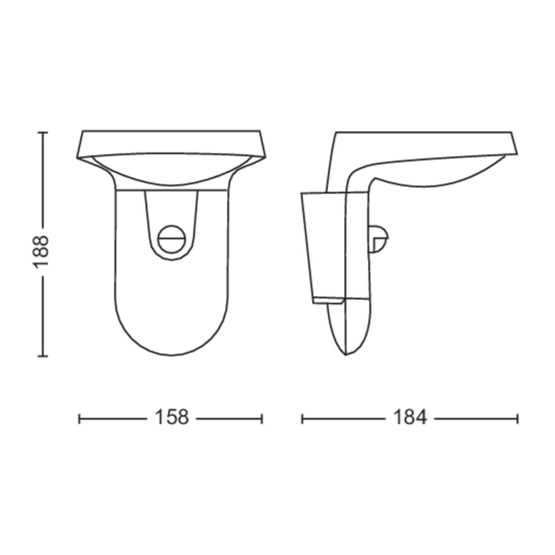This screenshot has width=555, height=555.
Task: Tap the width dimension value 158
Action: (171, 418)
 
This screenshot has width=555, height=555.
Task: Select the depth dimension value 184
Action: (410, 418)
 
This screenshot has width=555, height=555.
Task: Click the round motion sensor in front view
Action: (171, 240)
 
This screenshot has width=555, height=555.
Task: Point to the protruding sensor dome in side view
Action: (380, 240)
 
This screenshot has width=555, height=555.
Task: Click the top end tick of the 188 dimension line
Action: (42, 132)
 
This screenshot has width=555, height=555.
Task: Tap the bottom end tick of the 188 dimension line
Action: (42, 356)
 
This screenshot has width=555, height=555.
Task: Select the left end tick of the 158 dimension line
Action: (79, 418)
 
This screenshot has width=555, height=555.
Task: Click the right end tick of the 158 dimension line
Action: (262, 418)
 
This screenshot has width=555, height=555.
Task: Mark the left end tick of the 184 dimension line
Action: (302, 418)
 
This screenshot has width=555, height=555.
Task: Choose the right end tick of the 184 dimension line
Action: (517, 418)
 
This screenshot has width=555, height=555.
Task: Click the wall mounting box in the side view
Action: (324, 246)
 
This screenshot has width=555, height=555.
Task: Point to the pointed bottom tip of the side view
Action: (346, 354)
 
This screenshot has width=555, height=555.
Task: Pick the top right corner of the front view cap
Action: (260, 132)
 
